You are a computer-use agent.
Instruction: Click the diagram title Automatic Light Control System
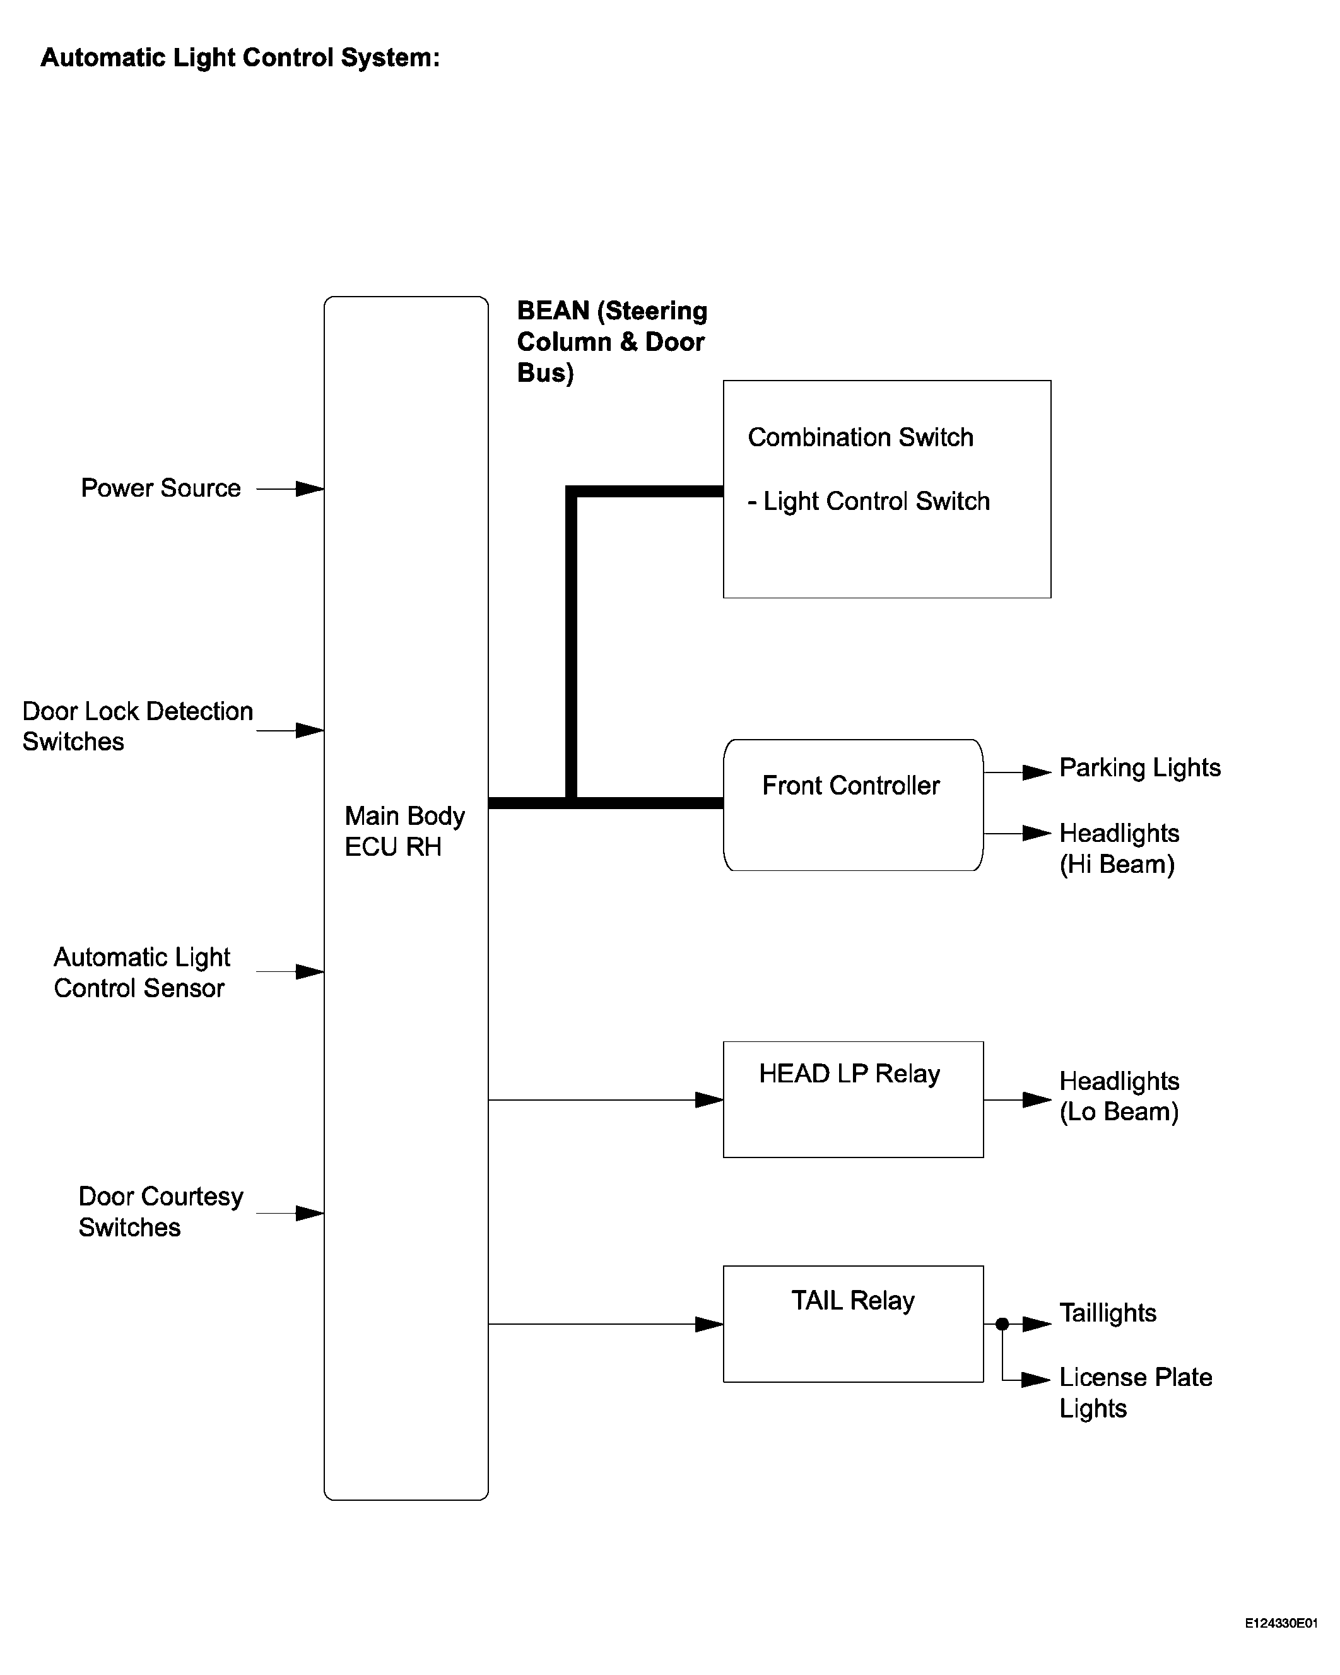[x=240, y=58]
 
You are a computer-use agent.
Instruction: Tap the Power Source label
[x=161, y=488]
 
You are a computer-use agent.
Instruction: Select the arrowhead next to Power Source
[x=310, y=488]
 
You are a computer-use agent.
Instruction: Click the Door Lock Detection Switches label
[x=138, y=726]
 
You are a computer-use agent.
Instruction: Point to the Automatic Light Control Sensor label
[x=141, y=973]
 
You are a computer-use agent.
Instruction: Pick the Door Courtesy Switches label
[x=161, y=1212]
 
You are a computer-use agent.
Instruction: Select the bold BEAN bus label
[x=612, y=342]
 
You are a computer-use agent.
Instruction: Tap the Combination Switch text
[x=860, y=437]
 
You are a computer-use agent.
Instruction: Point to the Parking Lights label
[x=1139, y=767]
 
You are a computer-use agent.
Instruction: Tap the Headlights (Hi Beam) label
[x=1119, y=848]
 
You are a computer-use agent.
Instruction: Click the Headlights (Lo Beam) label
[x=1119, y=1096]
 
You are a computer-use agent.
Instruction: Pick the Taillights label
[x=1108, y=1313]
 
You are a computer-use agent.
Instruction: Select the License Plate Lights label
[x=1136, y=1393]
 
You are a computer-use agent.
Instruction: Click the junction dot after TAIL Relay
[x=1002, y=1324]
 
